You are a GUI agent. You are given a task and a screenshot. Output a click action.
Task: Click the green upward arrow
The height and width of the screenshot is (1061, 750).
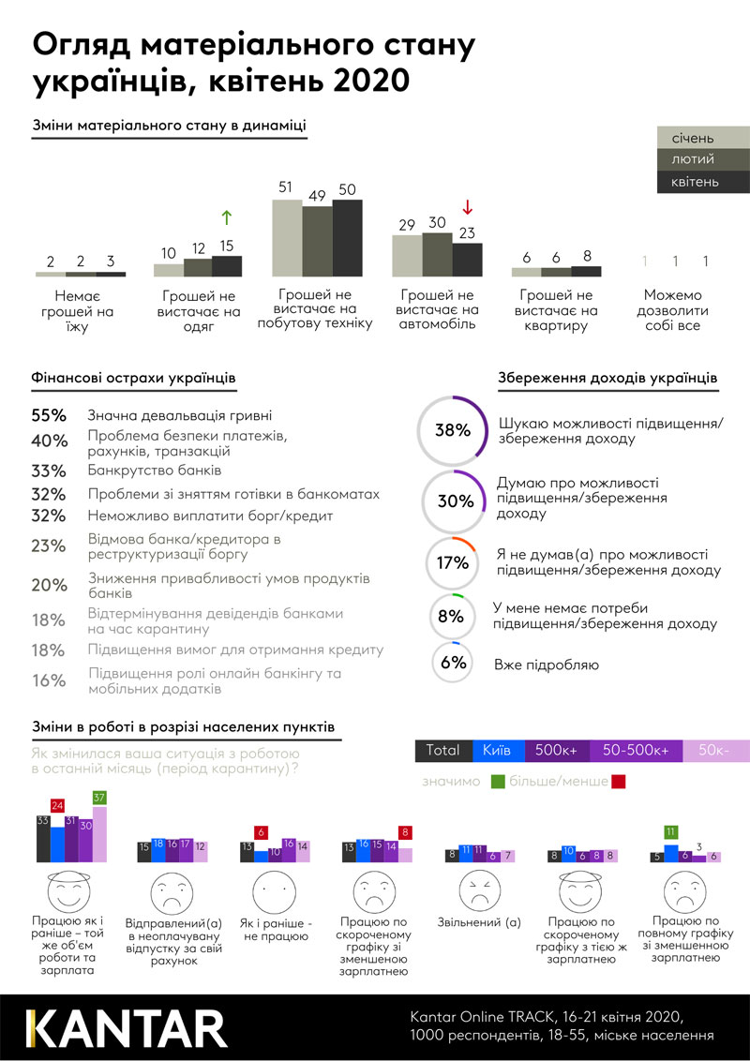226,217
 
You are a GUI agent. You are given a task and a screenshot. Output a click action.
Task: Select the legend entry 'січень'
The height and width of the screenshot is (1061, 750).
701,139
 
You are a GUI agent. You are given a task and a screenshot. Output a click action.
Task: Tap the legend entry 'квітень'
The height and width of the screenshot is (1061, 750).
701,182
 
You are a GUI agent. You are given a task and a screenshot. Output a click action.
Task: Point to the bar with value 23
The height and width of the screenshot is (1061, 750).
467,260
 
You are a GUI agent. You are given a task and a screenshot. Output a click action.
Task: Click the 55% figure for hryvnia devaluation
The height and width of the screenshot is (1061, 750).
48,414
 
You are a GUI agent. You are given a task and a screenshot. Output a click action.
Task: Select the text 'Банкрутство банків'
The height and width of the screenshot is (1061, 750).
154,471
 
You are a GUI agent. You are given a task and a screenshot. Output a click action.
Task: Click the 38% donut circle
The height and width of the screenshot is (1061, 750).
452,430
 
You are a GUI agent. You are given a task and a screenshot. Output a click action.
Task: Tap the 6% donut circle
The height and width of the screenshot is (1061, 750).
453,663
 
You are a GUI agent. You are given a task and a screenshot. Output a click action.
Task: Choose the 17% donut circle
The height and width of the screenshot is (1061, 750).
452,562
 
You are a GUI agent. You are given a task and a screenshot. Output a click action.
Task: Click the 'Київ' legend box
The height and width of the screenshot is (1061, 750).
498,750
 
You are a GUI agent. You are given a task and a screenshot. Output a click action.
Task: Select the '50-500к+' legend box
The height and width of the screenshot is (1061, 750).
636,750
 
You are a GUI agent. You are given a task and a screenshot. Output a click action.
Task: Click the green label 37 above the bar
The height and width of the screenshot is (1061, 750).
99,798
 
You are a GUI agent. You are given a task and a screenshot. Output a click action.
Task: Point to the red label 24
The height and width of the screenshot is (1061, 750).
57,805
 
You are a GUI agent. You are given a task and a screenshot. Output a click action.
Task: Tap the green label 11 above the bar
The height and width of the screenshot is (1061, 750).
670,831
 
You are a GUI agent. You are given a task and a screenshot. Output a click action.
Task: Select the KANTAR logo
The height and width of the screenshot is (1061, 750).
126,1026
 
